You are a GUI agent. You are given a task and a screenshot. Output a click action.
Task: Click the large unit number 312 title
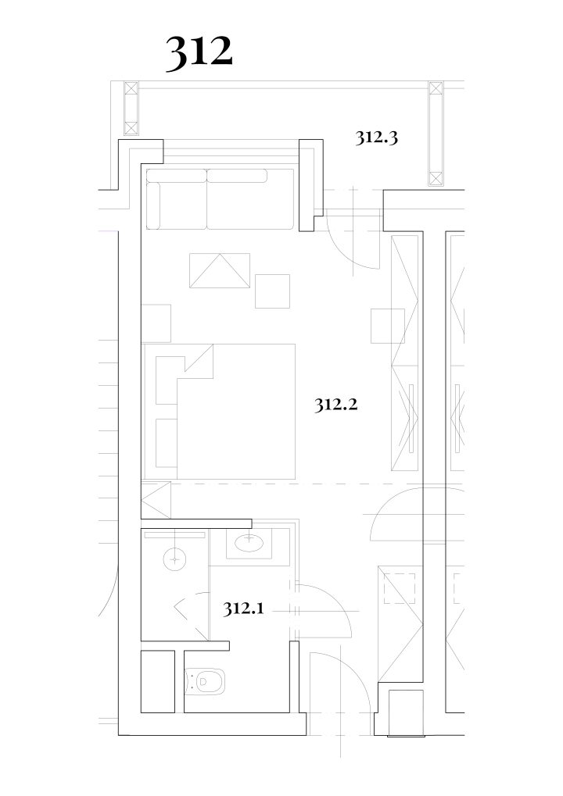click(x=199, y=52)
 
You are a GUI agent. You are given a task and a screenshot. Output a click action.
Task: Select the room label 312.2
click(x=336, y=405)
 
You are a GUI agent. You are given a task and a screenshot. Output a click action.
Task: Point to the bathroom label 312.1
click(x=243, y=608)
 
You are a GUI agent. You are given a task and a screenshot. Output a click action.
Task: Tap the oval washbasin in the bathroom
click(x=249, y=543)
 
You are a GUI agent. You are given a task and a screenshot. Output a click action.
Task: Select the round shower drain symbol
click(x=174, y=559)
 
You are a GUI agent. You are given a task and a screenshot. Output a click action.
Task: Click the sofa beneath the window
click(x=220, y=198)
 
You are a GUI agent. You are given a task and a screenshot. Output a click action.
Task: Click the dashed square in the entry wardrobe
click(x=400, y=588)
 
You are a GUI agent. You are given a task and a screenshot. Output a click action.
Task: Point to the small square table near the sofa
click(x=272, y=291)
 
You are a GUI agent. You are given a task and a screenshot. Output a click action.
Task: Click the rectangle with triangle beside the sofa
click(x=220, y=270)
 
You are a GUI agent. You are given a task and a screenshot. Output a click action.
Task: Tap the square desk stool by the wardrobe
click(x=388, y=326)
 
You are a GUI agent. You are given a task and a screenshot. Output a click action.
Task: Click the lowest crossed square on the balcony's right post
click(x=436, y=179)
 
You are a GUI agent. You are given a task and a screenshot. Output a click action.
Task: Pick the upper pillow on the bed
click(x=170, y=380)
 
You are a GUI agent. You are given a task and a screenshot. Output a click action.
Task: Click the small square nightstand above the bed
click(x=156, y=323)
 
